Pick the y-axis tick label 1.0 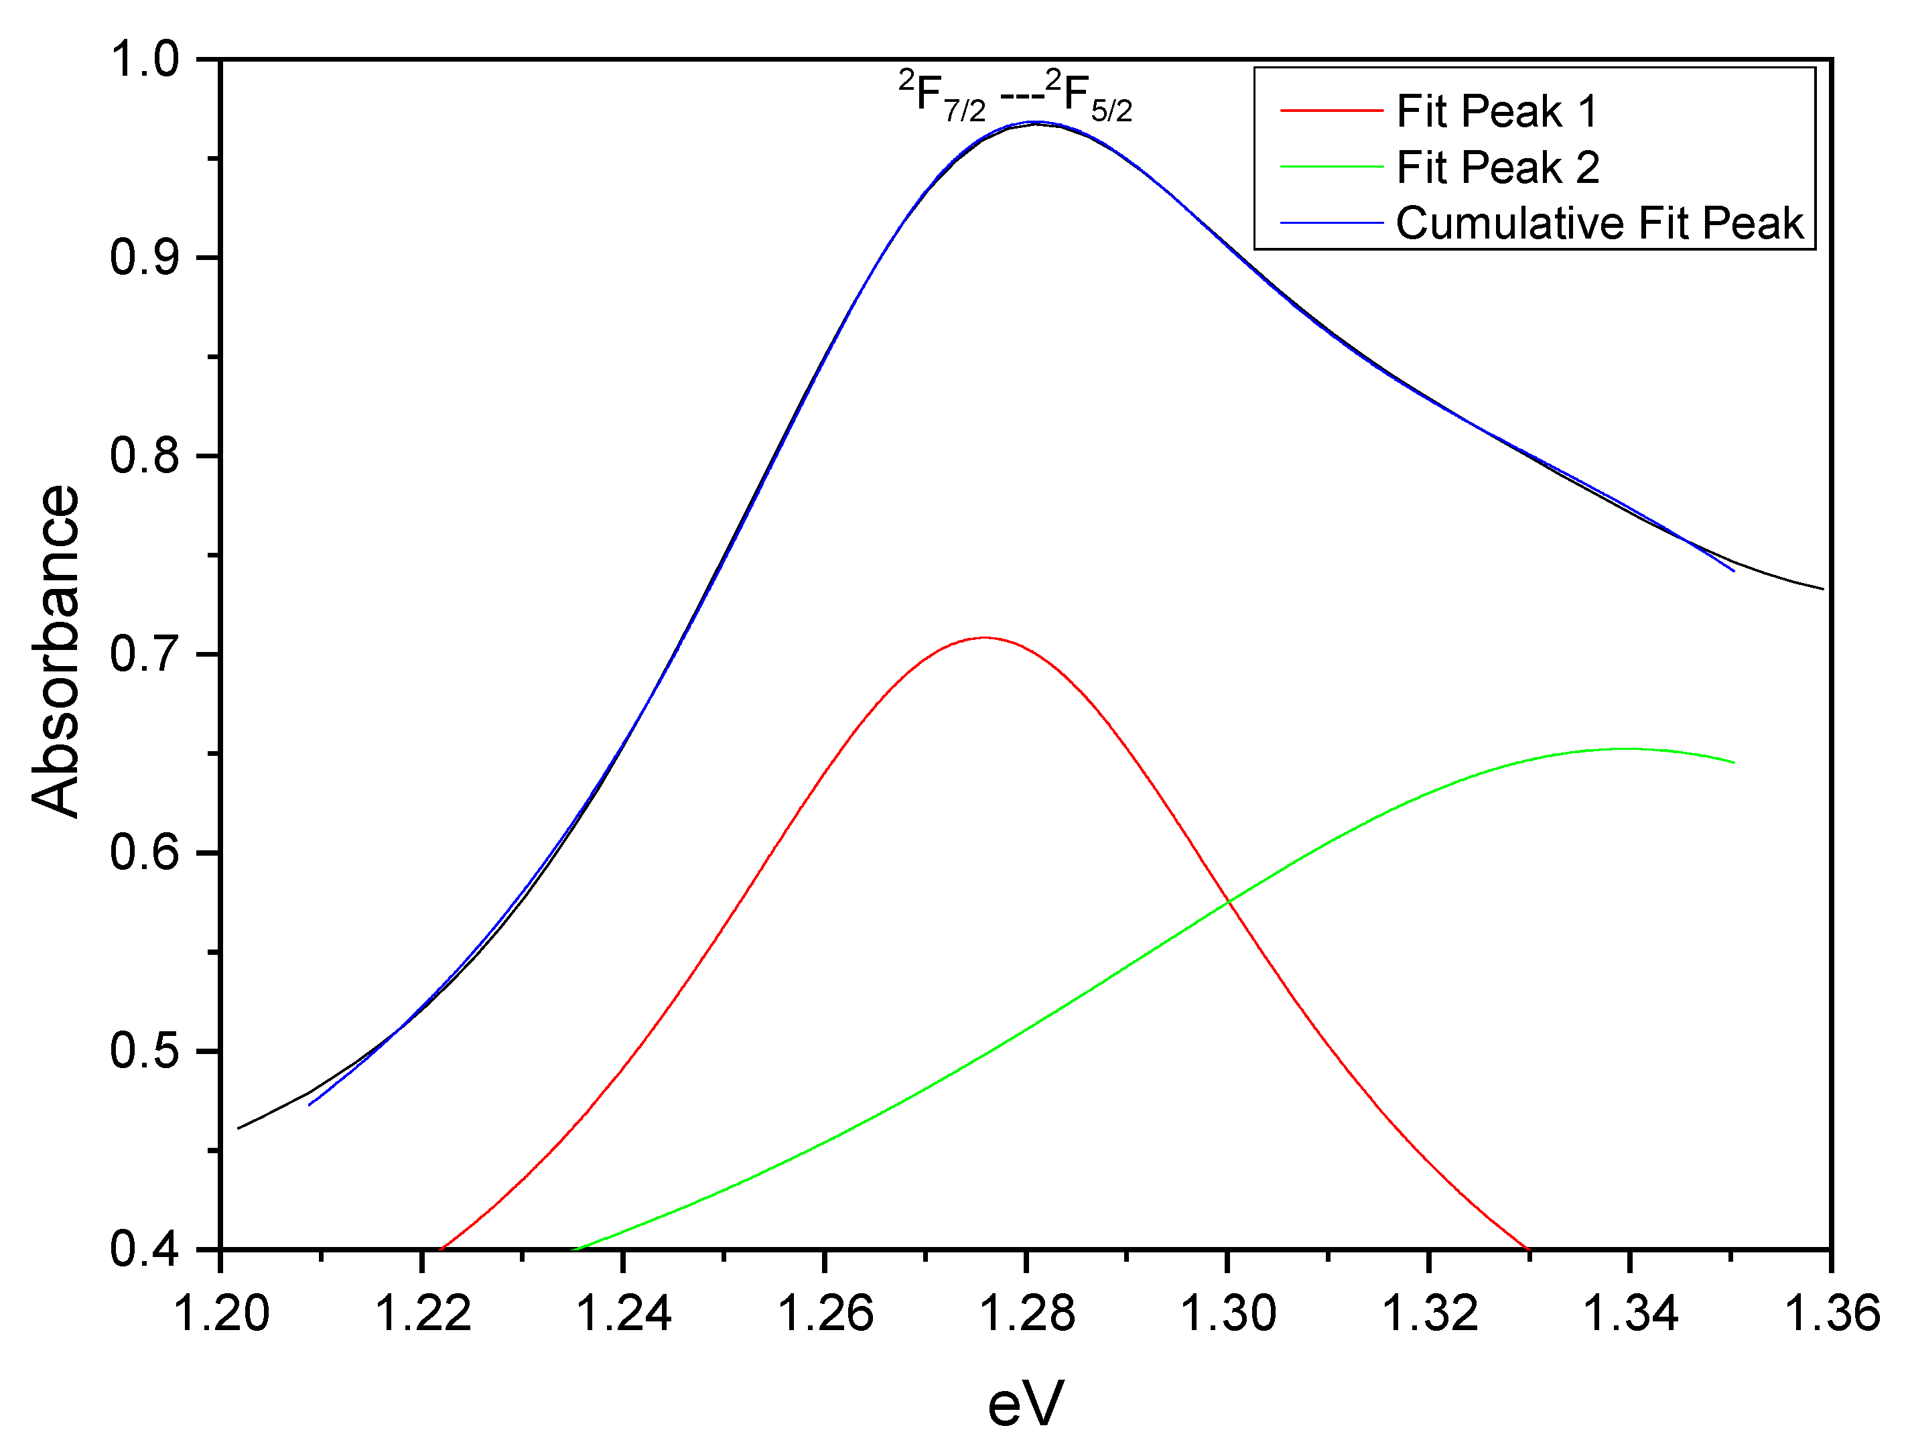(x=144, y=60)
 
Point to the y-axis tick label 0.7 (x=144, y=655)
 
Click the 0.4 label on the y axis (x=144, y=1249)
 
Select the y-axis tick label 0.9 (x=144, y=259)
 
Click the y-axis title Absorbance (x=56, y=651)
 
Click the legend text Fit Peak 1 (x=1497, y=111)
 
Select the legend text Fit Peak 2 (x=1497, y=167)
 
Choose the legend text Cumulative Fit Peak (x=1599, y=223)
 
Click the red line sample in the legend (x=1331, y=111)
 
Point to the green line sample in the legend (x=1331, y=167)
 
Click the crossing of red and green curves (x=1228, y=901)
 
